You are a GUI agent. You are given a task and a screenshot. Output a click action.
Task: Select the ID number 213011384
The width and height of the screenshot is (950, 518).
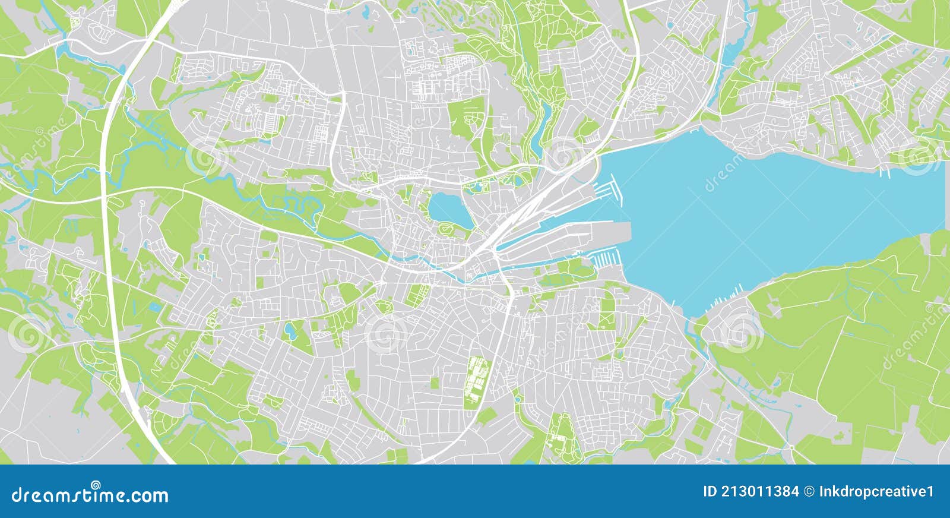point(759,491)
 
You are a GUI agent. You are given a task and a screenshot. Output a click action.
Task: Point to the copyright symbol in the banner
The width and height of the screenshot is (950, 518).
point(809,491)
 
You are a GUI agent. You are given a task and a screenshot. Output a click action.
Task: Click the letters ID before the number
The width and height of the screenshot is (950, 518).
point(710,491)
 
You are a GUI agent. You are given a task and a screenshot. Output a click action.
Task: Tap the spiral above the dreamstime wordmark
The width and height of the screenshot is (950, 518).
point(95,484)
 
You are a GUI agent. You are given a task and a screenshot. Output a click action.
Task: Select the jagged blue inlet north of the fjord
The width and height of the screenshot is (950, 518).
point(728,53)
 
